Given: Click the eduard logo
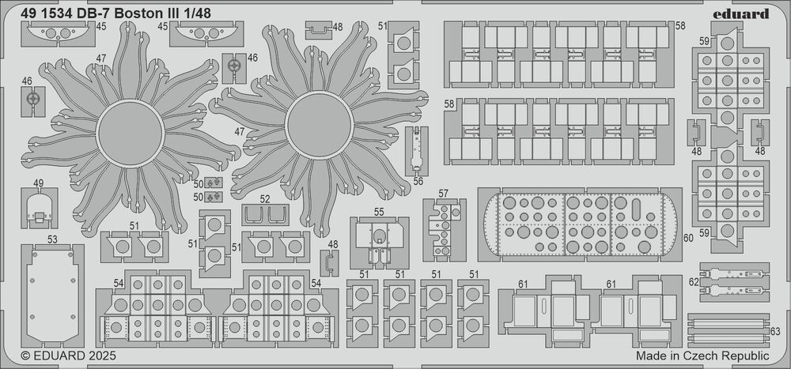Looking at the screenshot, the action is (x=741, y=13).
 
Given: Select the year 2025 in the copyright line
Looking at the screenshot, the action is (x=101, y=356).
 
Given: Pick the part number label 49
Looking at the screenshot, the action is (x=38, y=183).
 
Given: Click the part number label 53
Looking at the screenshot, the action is (x=52, y=239).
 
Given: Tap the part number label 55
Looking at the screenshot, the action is (x=380, y=211).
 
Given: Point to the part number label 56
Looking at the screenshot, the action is (x=418, y=182).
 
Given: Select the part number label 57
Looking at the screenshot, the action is (x=444, y=193).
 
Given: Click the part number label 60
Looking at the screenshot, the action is (x=689, y=238).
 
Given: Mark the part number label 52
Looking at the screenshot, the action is (x=265, y=198).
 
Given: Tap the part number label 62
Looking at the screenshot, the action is (x=694, y=282).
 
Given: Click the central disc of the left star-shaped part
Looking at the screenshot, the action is (x=131, y=134).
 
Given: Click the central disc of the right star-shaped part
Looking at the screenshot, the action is (x=320, y=124).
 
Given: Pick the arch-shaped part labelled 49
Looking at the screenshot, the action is (x=40, y=208).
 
